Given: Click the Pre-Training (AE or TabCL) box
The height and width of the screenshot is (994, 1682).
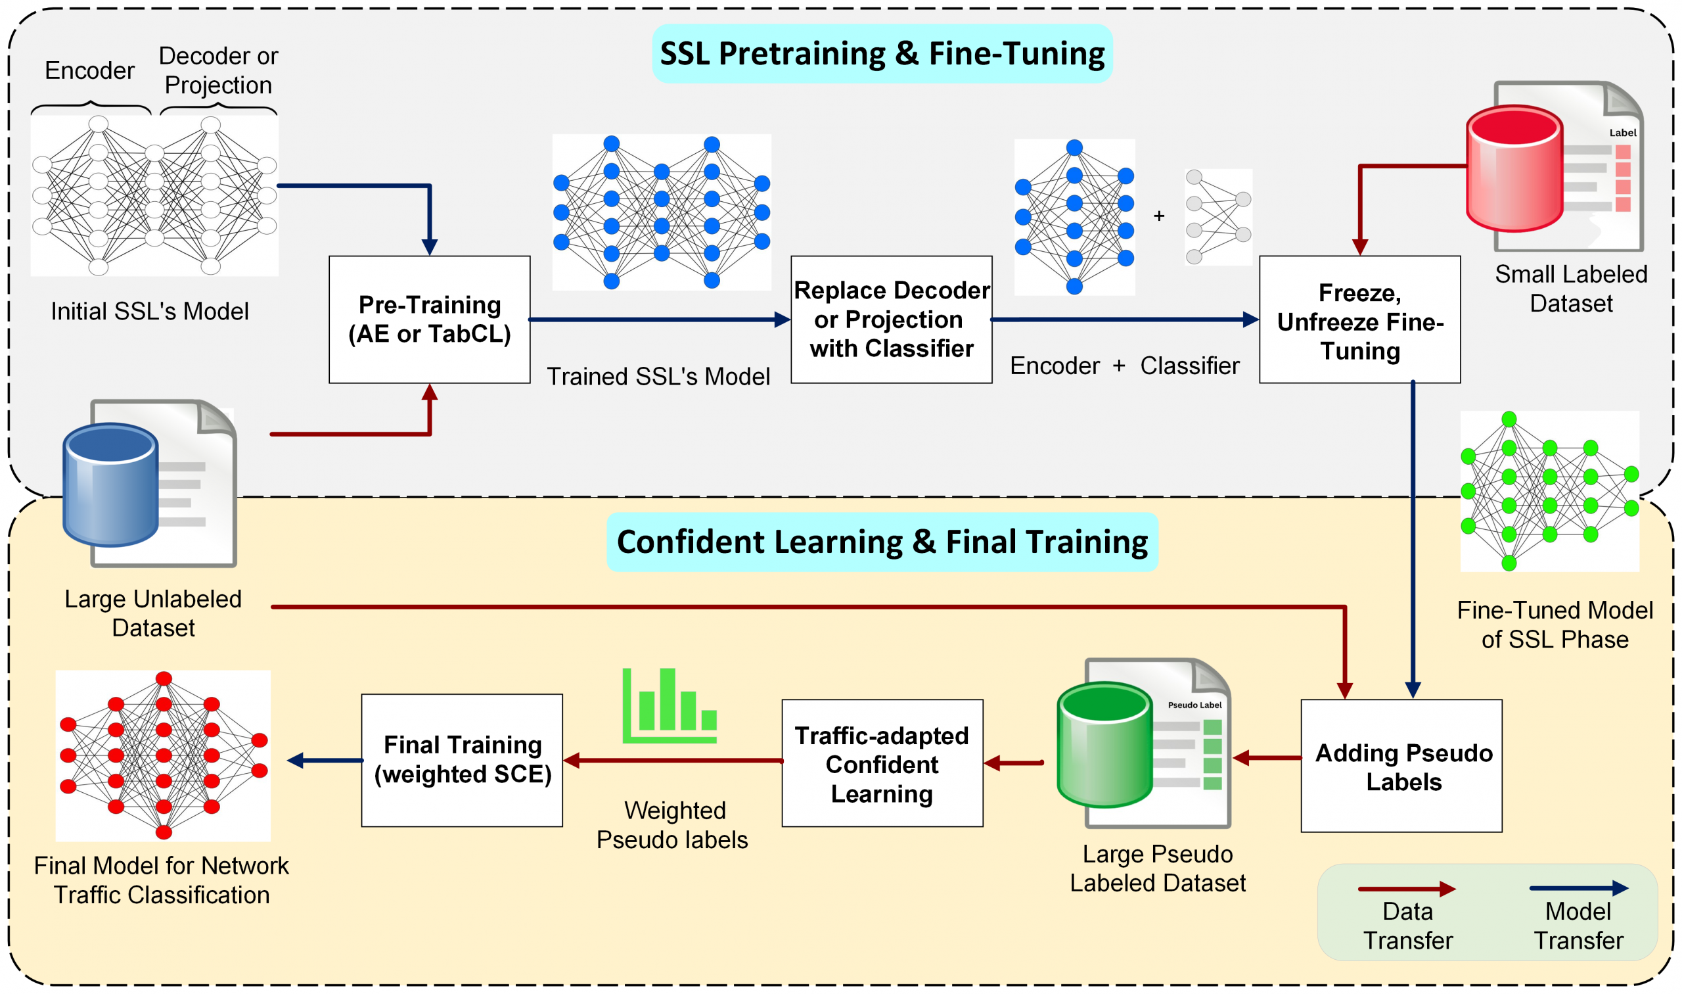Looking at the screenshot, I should tap(429, 319).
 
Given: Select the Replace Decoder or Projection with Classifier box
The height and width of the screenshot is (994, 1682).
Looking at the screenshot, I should tap(891, 319).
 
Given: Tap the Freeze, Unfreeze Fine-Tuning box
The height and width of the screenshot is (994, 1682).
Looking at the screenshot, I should tap(1359, 319).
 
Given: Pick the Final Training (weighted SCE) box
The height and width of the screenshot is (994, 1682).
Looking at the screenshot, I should tap(462, 759).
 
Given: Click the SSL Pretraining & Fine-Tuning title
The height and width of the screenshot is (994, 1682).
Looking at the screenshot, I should tap(882, 54).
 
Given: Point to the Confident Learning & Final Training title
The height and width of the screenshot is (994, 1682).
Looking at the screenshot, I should tap(882, 541).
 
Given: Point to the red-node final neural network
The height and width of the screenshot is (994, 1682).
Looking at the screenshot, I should tap(164, 755).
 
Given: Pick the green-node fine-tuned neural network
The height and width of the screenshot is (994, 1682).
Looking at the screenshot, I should tap(1549, 491).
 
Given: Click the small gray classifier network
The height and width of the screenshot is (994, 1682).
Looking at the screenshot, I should tap(1217, 216).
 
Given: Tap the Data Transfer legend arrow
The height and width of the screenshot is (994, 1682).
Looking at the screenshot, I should tap(1406, 889).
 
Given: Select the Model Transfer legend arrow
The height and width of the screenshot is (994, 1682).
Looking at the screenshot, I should tap(1578, 888).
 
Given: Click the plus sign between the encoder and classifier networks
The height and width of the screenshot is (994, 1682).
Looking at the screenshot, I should tap(1158, 216).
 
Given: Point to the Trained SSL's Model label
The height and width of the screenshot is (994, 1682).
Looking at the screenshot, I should tap(658, 377).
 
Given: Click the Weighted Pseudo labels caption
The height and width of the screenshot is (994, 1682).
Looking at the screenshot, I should tap(672, 824).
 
